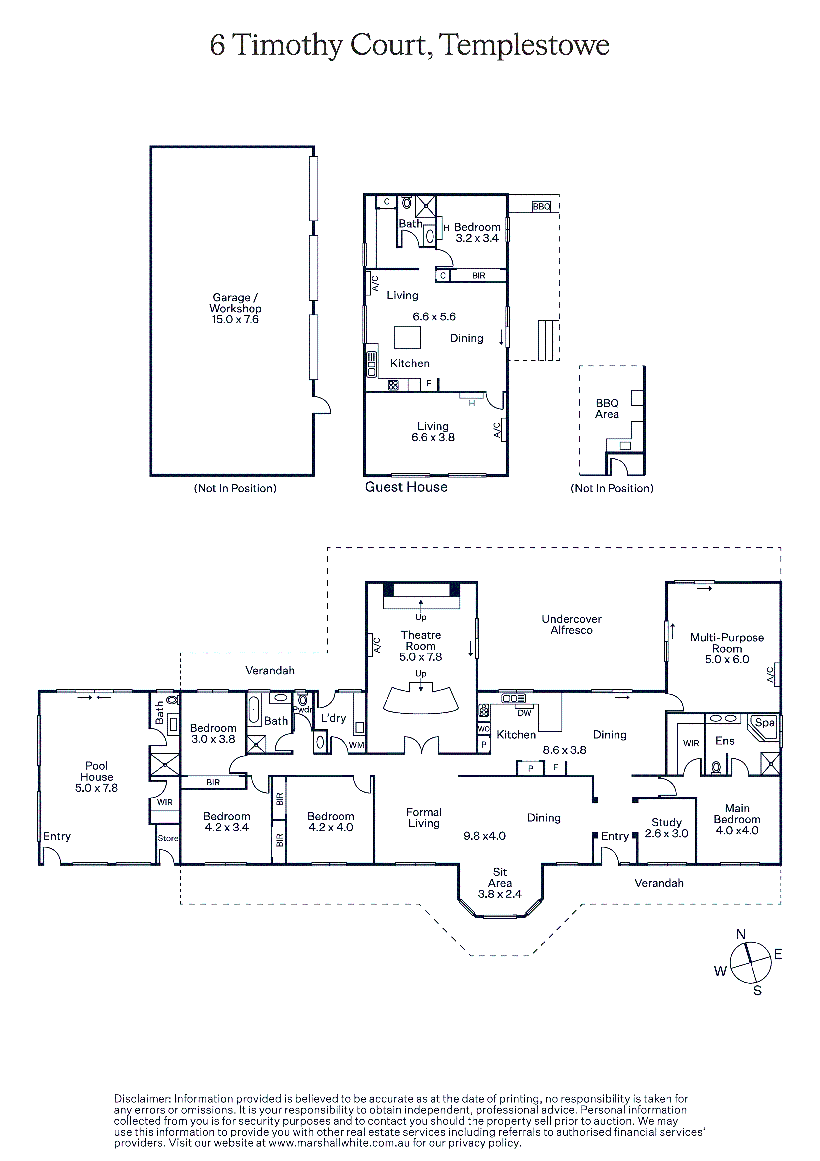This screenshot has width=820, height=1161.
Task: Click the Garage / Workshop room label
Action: [x=236, y=303]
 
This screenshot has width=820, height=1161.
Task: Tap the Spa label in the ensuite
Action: [x=764, y=723]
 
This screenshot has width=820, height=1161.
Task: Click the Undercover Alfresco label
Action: [x=571, y=624]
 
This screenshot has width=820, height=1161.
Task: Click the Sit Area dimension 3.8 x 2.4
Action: [x=500, y=894]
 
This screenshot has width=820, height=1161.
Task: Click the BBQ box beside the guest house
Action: [x=541, y=206]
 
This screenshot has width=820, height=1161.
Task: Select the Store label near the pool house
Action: [x=168, y=838]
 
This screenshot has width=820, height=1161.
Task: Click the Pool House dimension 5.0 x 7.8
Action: [x=97, y=788]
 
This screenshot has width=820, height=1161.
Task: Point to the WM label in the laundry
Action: [x=356, y=745]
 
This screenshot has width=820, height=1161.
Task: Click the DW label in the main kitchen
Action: [x=524, y=713]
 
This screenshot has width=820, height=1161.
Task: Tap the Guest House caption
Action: [x=406, y=487]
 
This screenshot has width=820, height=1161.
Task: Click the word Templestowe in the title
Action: [x=524, y=45]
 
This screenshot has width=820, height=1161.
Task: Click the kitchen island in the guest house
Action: [x=407, y=338]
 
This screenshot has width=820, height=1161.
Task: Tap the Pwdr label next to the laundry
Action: [x=302, y=710]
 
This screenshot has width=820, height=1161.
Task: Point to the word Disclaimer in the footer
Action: [x=143, y=1099]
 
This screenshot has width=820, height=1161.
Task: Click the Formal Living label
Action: [x=424, y=818]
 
